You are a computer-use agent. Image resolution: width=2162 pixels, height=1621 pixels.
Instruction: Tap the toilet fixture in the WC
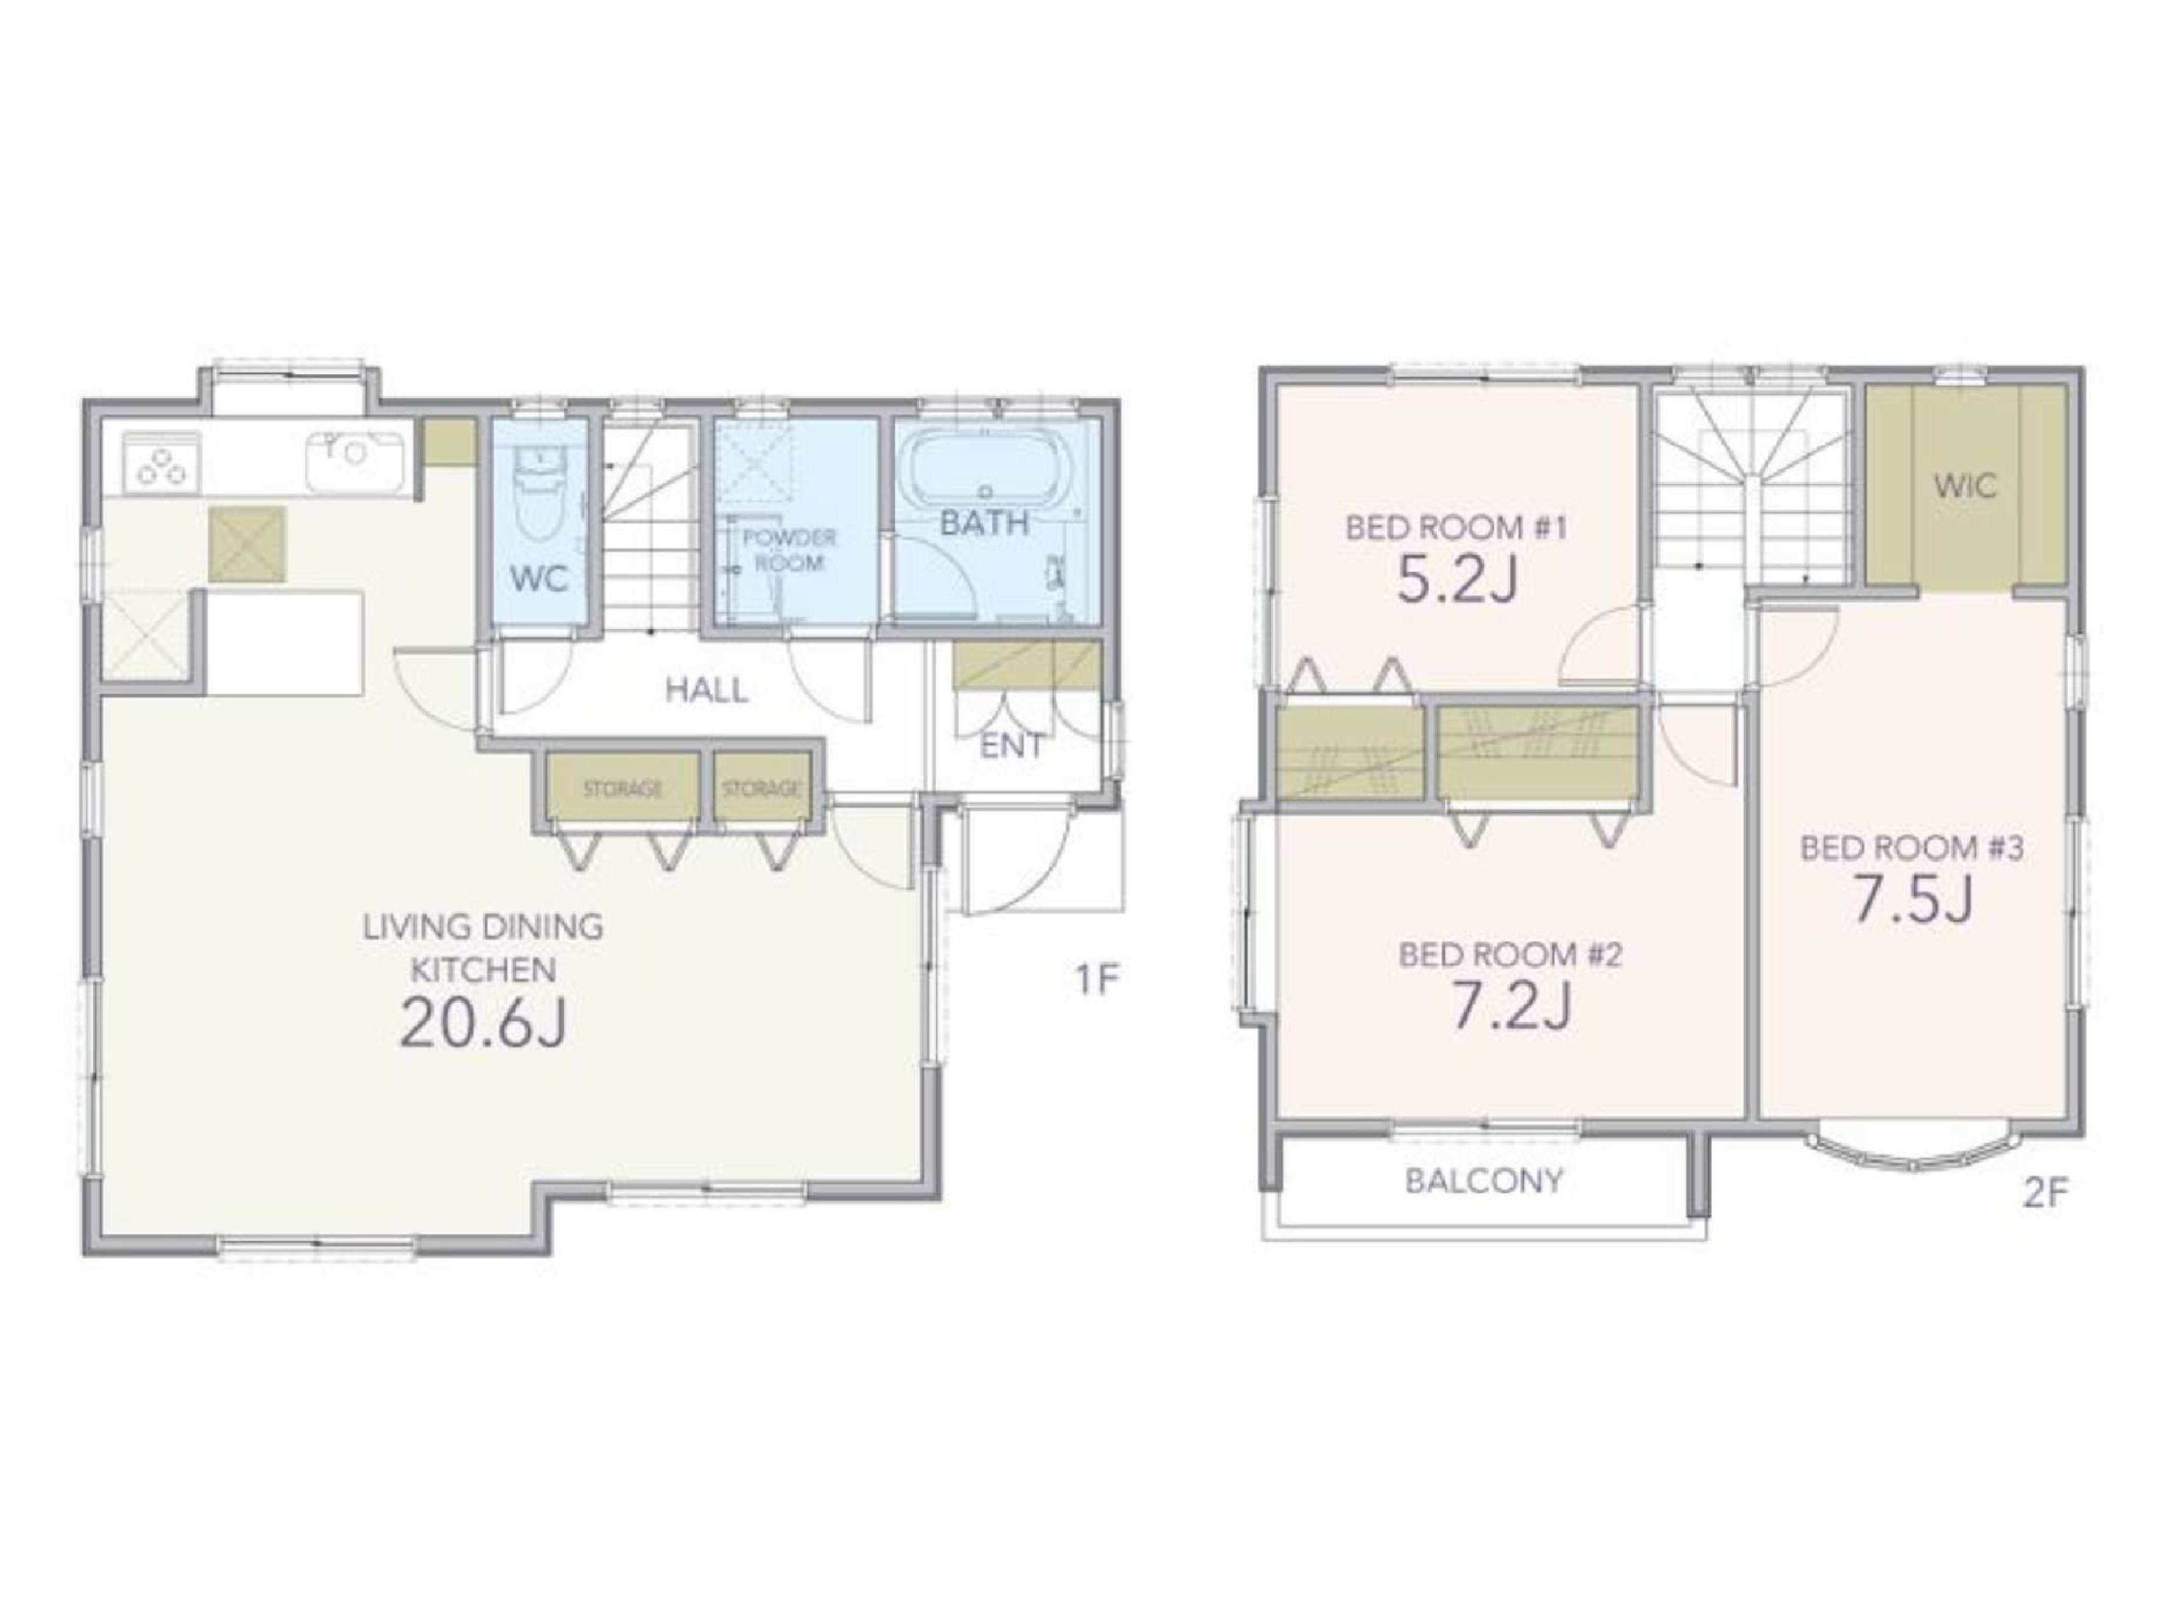[x=534, y=492]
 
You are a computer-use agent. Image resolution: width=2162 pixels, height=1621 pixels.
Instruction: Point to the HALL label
[x=707, y=691]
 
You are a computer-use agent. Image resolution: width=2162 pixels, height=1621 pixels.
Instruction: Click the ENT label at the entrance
[x=1012, y=747]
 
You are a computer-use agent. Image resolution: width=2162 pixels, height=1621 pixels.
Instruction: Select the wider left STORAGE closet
[x=623, y=788]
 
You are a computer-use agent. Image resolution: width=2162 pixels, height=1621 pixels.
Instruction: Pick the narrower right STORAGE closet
[x=763, y=788]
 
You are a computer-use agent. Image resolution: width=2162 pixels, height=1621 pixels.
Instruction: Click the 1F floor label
[x=1095, y=978]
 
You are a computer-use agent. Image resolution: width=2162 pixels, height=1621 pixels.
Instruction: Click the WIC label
[x=1964, y=486]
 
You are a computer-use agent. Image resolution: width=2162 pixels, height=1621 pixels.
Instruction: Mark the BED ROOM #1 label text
[x=1456, y=528]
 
